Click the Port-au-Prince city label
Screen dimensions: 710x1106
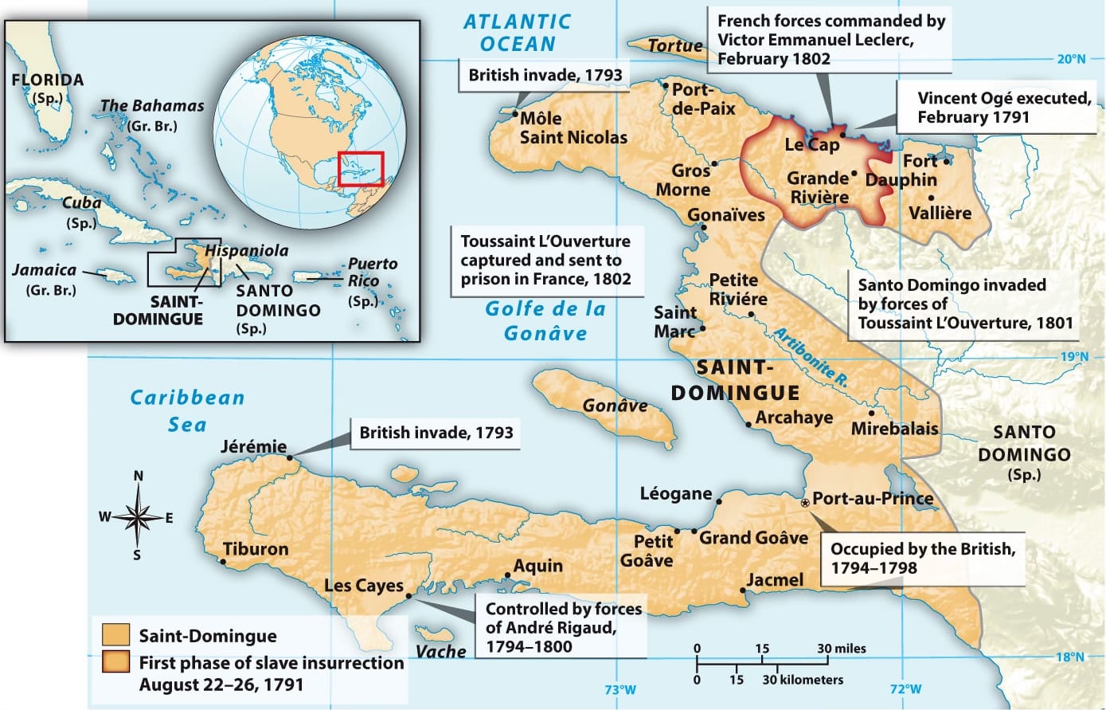point(872,499)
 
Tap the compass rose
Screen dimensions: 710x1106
point(138,517)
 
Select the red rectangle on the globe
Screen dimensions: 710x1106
point(361,168)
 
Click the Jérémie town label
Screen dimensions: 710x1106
point(253,446)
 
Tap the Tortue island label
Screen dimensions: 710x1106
point(675,46)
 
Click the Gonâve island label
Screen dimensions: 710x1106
point(615,406)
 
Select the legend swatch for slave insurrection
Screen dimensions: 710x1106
point(116,663)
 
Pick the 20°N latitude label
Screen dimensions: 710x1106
point(1071,58)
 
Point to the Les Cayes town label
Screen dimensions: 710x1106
point(364,586)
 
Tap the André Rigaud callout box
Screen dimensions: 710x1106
point(563,627)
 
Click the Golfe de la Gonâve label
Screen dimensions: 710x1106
point(545,320)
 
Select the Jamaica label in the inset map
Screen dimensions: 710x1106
point(45,270)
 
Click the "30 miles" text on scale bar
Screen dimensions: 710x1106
point(842,649)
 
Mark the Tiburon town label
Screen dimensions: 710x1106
point(256,549)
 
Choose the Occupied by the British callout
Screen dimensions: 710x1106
point(922,558)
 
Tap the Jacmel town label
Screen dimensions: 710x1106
point(775,580)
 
